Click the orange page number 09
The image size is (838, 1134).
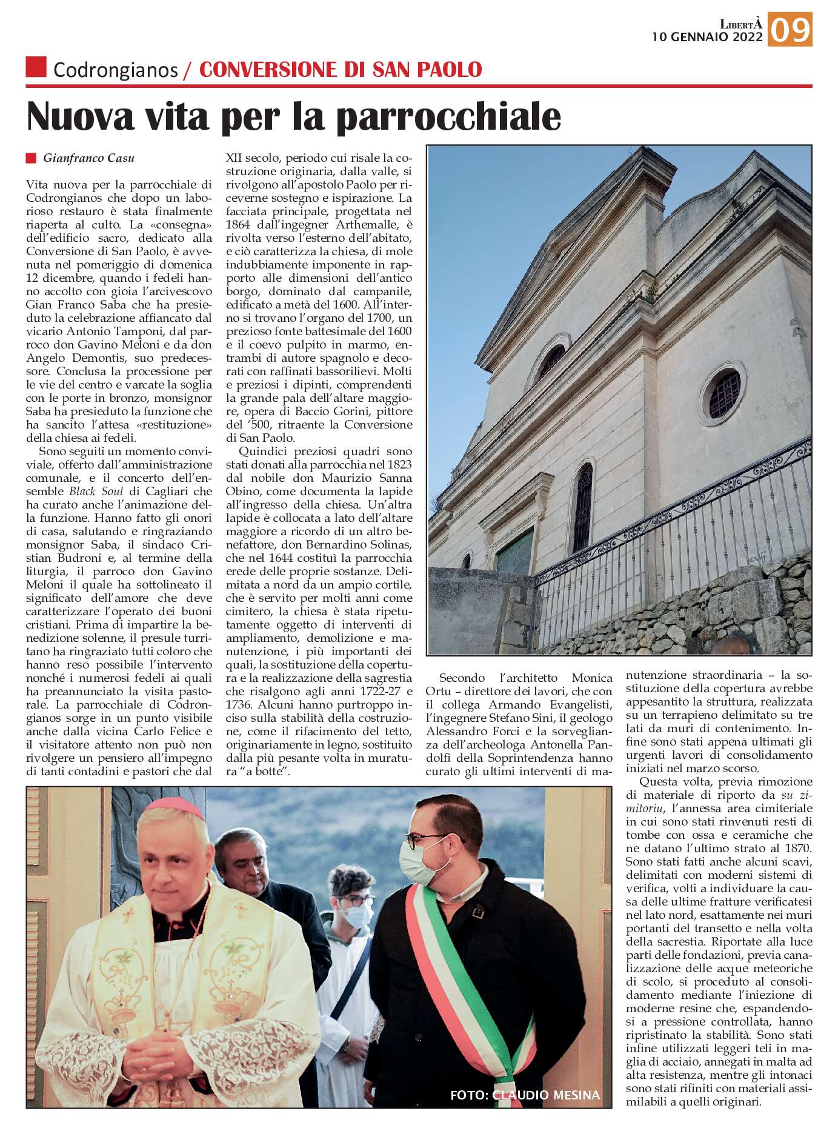click(x=790, y=30)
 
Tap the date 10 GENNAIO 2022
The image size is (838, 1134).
click(x=707, y=37)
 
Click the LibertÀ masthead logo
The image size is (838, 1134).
click(x=740, y=24)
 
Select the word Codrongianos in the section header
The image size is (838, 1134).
click(x=115, y=70)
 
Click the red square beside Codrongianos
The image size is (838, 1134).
click(x=36, y=67)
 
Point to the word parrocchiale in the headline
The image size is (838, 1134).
click(x=448, y=116)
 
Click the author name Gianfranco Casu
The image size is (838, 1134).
click(x=88, y=158)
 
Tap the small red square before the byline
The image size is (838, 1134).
click(x=31, y=158)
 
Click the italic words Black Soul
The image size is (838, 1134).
click(x=96, y=492)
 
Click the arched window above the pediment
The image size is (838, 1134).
click(x=550, y=362)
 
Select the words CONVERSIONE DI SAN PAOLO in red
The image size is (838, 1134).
click(x=341, y=70)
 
